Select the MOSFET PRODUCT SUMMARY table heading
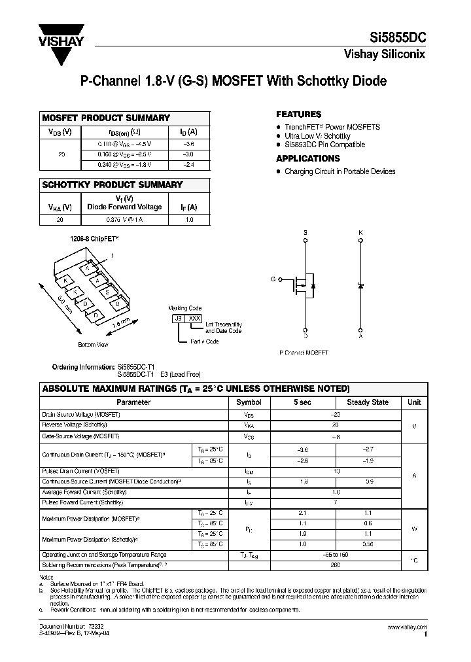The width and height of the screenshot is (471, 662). pos(106,118)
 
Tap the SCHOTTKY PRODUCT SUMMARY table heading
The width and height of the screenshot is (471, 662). pos(112,185)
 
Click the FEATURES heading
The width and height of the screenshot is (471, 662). pos(298,114)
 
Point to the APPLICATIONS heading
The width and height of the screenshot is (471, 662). pos(307,158)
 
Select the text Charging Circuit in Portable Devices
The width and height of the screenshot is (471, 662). pos(340,171)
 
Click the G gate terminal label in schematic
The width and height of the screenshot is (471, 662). pos(274,280)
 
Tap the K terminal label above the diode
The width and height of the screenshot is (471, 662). pos(360,233)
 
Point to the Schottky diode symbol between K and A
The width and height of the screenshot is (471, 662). pos(360,286)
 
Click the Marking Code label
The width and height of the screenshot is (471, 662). pos(185,308)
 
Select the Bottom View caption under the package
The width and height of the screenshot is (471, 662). pos(93,344)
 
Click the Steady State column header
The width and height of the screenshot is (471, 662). pos(367,402)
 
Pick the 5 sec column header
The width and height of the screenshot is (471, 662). pos(302,402)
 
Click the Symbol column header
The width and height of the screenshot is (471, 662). pos(249,402)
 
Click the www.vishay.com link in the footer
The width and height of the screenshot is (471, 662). pos(408,627)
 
